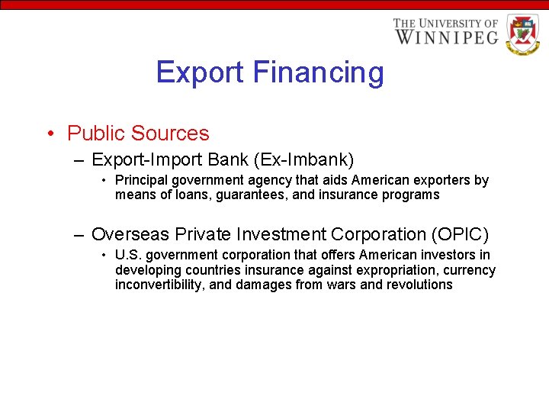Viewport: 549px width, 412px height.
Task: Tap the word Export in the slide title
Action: [200, 73]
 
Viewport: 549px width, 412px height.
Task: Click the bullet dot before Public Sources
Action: [49, 134]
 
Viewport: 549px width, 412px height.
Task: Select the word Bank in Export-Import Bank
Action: [230, 160]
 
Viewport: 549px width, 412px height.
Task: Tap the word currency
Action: [469, 270]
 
